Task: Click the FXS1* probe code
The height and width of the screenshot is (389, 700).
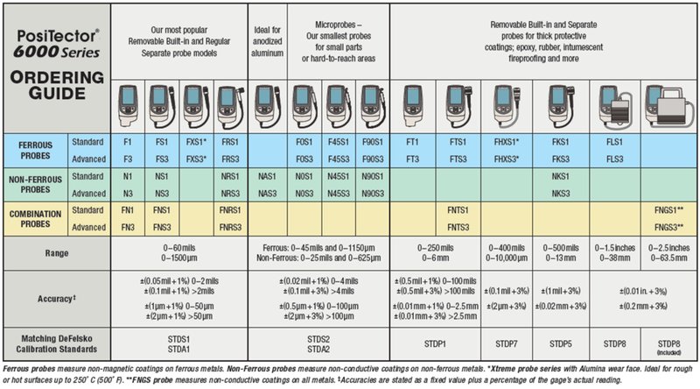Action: (198, 140)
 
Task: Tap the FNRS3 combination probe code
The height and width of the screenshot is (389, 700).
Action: (231, 228)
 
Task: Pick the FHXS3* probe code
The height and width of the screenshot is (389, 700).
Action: (507, 158)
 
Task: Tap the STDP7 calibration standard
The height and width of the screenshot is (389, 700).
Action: (507, 343)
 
